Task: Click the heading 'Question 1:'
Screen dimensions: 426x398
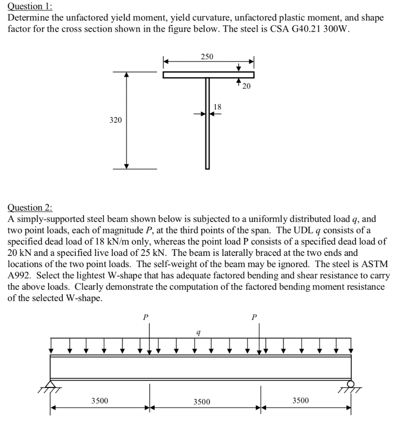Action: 30,6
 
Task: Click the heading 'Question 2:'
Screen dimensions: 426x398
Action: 30,207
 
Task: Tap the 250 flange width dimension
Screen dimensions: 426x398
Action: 207,57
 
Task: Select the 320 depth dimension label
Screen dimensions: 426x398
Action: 116,120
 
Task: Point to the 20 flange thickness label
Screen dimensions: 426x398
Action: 247,86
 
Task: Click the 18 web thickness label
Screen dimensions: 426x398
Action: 217,107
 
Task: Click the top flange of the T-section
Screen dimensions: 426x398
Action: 208,74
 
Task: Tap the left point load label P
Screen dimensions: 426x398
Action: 145,317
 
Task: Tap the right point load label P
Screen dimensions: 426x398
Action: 254,317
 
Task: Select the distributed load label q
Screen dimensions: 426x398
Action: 199,332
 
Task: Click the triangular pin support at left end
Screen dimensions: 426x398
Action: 51,384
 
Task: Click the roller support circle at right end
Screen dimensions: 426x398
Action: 351,384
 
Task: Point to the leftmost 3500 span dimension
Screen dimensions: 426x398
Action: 100,401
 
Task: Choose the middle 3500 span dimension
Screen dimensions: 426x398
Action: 202,401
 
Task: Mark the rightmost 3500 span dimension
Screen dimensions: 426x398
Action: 300,401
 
